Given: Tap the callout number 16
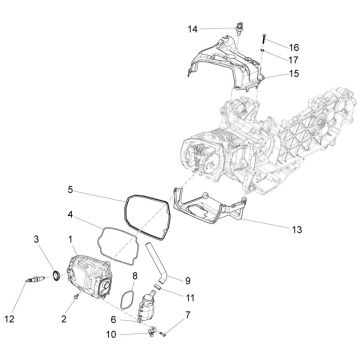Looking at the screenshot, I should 293,47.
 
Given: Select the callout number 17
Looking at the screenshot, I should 293,59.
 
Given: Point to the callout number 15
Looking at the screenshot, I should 293,73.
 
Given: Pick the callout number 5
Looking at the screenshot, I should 69,188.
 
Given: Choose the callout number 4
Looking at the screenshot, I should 69,214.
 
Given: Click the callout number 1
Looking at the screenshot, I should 70,239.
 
